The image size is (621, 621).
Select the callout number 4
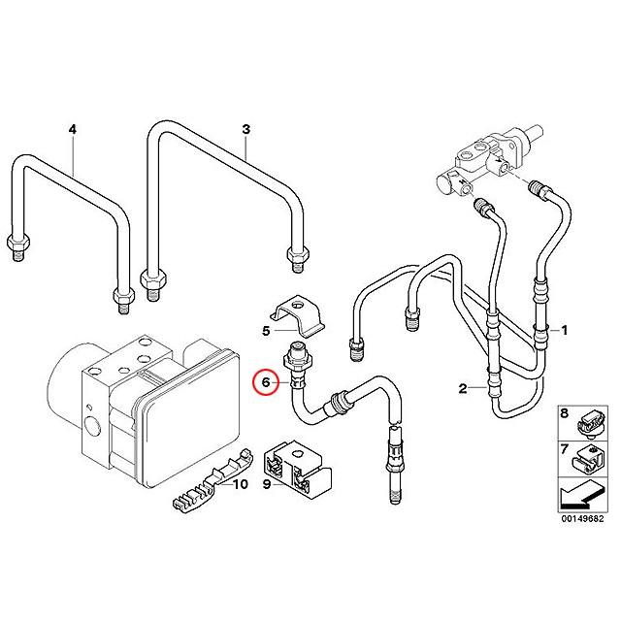tap(72, 129)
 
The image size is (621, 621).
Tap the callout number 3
tap(245, 129)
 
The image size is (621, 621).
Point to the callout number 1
tap(565, 331)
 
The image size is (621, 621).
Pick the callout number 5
tap(266, 331)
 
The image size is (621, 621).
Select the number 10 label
tap(241, 483)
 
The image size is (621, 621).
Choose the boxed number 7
tap(565, 448)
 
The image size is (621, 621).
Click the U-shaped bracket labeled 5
tap(297, 314)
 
